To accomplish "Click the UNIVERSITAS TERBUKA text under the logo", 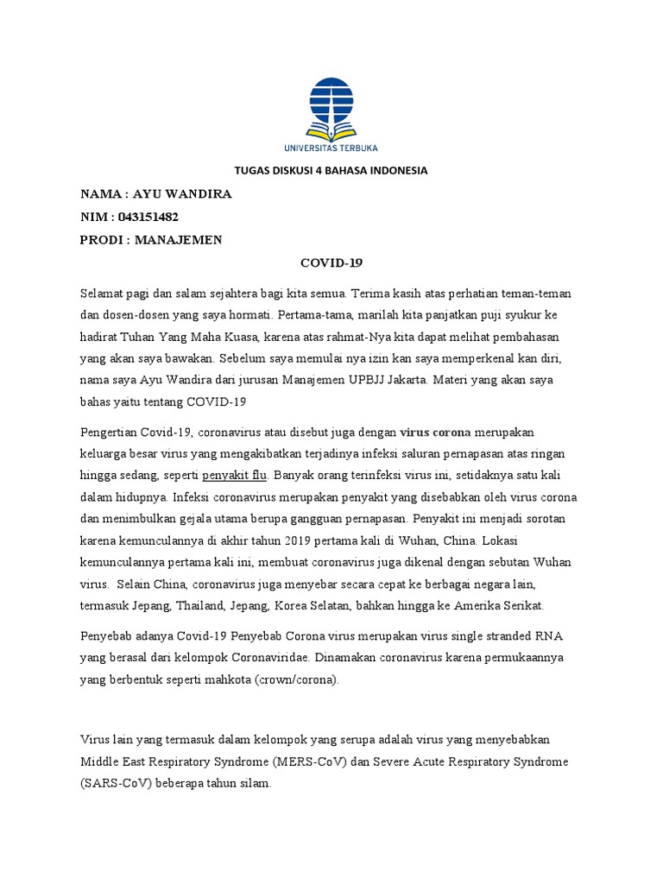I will click(x=331, y=148).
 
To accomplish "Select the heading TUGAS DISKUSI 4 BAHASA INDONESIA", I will click(x=331, y=171).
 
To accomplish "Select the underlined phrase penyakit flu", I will click(x=236, y=476).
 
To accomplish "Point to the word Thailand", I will click(x=199, y=605).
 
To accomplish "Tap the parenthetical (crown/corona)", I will click(x=296, y=680).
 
